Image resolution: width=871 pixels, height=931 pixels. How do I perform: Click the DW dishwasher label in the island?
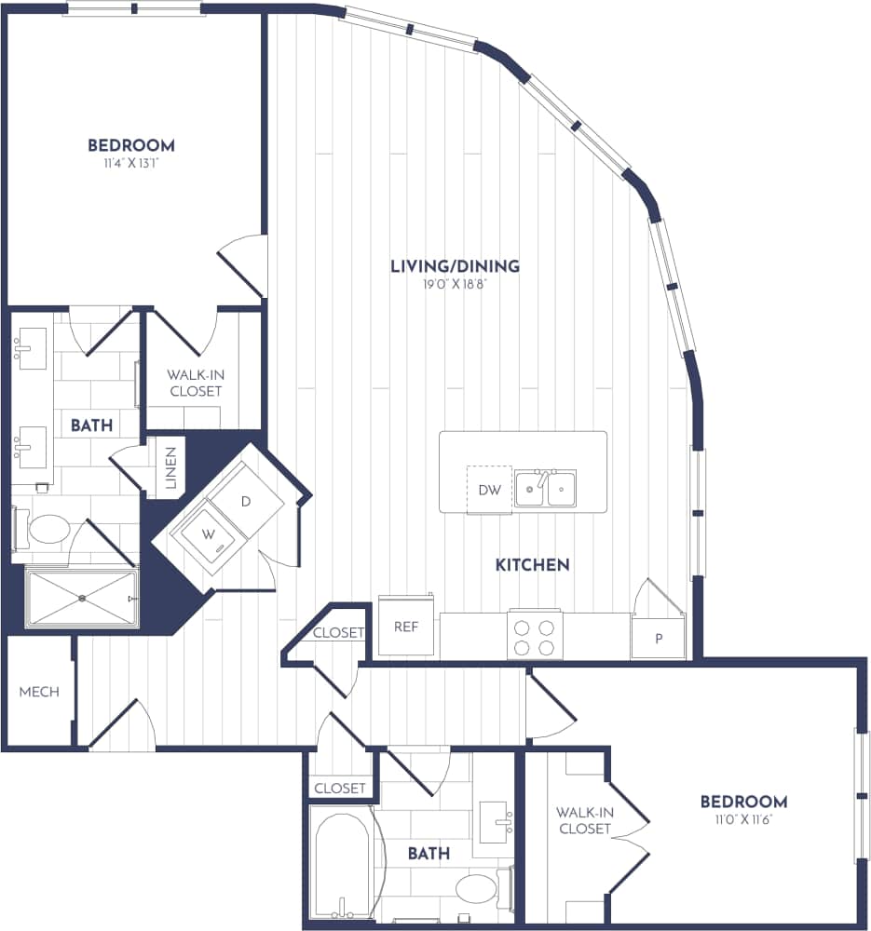point(489,490)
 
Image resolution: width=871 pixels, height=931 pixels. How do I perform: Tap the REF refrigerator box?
point(405,627)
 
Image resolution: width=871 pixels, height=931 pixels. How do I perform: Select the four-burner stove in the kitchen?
point(535,636)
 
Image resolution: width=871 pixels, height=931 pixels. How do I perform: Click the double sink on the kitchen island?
point(546,488)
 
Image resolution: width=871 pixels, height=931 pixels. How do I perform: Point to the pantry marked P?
point(659,639)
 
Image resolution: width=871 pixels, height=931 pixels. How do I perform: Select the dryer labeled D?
point(245,501)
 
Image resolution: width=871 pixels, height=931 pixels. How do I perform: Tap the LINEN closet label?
point(171,465)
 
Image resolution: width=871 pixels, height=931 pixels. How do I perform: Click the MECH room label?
point(39,692)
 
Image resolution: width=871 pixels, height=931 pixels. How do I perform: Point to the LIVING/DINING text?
point(455,266)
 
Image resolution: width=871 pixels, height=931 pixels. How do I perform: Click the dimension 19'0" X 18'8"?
point(455,285)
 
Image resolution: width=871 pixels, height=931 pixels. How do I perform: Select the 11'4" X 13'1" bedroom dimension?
point(131,163)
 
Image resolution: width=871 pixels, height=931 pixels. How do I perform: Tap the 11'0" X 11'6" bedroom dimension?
point(743,819)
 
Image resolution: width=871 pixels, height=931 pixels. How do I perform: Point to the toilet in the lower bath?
point(477,887)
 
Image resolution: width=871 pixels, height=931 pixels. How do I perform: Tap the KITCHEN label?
point(532,564)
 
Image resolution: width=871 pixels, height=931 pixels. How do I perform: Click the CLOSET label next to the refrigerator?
point(338,633)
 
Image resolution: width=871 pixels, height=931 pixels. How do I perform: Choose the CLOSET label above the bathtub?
point(340,788)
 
